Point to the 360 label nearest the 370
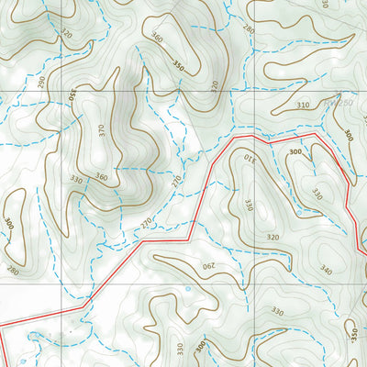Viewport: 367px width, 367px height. pos(101,177)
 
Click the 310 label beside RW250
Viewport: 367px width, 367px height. pos(303,106)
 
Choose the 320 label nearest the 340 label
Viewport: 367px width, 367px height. pos(273,236)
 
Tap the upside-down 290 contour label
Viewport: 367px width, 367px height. pos(209,266)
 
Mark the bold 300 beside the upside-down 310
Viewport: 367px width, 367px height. pos(295,150)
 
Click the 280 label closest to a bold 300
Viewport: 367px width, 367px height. pos(12,270)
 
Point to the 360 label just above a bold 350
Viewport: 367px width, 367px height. pos(156,39)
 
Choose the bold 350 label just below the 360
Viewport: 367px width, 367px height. pos(177,67)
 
